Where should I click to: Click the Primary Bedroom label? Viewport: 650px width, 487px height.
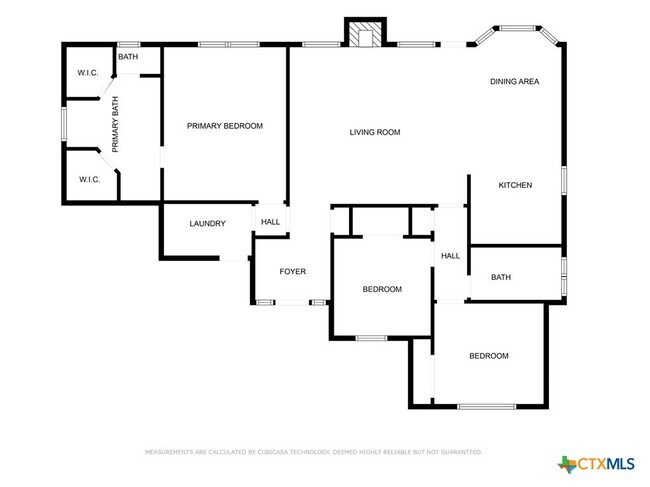click(225, 126)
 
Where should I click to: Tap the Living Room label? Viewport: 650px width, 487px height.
click(375, 132)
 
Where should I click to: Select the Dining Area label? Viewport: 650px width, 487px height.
click(515, 81)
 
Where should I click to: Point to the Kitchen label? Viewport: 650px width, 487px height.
click(515, 185)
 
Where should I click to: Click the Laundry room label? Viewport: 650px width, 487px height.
click(207, 224)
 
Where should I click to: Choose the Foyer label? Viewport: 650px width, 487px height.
click(292, 272)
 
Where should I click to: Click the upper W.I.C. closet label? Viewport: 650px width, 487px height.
click(88, 74)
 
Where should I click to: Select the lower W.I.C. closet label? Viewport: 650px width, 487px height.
click(88, 180)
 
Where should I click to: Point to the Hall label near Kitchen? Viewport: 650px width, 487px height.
click(451, 256)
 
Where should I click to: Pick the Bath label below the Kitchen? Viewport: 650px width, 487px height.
click(501, 277)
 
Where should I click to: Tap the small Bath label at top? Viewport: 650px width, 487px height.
click(128, 57)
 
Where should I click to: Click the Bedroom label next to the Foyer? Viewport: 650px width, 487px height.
click(381, 290)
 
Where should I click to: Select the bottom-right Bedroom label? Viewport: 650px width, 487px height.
click(489, 356)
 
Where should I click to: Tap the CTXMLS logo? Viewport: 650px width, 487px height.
click(596, 463)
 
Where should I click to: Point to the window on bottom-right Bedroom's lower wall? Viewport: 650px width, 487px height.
click(487, 406)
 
